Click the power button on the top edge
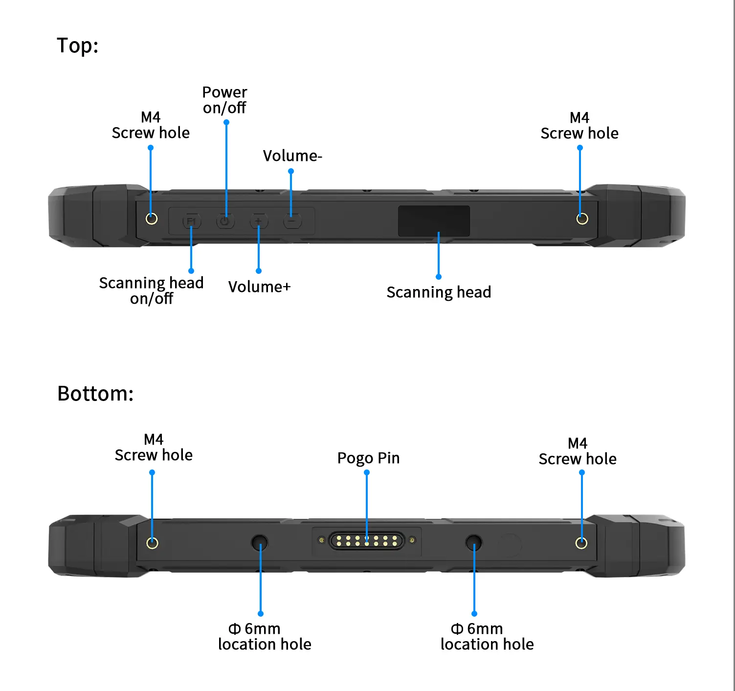click(225, 222)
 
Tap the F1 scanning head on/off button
click(191, 222)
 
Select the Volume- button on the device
click(292, 222)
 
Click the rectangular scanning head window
click(434, 221)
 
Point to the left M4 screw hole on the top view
click(152, 219)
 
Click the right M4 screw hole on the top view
click(582, 219)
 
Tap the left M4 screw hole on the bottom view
click(152, 543)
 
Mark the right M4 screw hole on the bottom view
click(581, 543)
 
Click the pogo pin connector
click(367, 541)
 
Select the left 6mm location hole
click(259, 542)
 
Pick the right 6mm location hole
click(473, 542)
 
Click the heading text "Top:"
click(78, 45)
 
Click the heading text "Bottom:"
click(95, 394)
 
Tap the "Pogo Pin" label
click(368, 458)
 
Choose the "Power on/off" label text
click(224, 100)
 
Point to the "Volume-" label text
click(292, 156)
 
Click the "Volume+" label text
click(259, 287)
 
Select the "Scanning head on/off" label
click(151, 290)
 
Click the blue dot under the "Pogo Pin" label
click(367, 472)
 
